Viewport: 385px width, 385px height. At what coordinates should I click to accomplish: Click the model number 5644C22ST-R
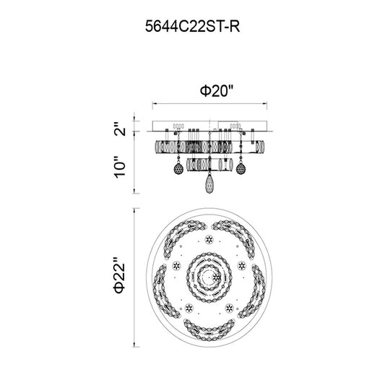192,26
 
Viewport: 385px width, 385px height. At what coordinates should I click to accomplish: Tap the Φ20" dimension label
216,91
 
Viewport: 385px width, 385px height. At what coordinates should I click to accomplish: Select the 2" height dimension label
120,128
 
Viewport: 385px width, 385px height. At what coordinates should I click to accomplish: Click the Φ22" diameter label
120,275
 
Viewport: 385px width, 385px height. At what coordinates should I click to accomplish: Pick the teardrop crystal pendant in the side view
209,184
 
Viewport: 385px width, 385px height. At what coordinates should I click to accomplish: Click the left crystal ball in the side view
178,169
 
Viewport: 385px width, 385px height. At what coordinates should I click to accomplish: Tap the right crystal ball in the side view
241,169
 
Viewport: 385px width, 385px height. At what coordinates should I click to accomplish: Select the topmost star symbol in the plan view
209,239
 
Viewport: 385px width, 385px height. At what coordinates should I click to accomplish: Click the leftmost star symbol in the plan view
176,265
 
